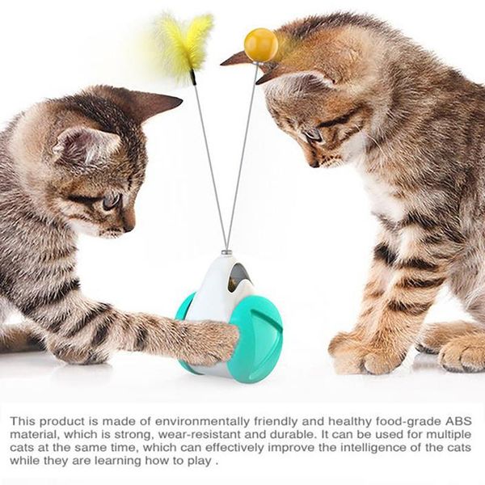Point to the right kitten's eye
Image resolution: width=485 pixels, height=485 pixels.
coord(313,135)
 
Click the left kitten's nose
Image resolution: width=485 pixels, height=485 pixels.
coord(129,228)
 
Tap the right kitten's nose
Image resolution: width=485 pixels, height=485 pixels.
coord(314,163)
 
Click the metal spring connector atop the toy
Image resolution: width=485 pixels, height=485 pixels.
coord(227,254)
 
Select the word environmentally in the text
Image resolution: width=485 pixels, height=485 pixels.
coord(204,422)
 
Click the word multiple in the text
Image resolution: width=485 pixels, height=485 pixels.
coord(449,435)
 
